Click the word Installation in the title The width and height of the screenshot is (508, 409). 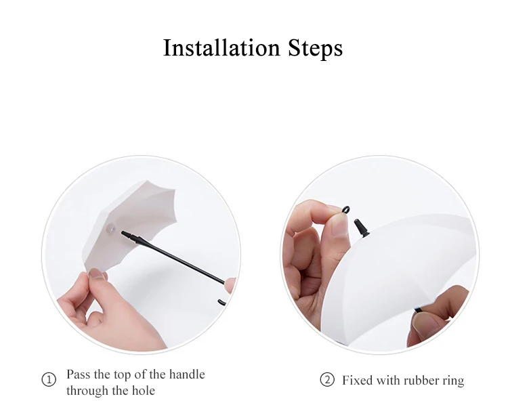tap(221, 48)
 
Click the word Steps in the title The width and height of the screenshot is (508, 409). tap(315, 49)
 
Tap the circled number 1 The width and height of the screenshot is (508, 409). tap(49, 379)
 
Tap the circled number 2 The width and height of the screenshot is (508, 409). tap(327, 379)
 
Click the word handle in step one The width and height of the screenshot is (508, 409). tap(187, 374)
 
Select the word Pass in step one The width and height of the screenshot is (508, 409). tap(79, 374)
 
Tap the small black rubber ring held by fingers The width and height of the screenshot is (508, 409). tap(346, 210)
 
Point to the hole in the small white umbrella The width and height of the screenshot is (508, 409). tap(111, 228)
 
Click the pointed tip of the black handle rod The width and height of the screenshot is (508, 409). tap(123, 232)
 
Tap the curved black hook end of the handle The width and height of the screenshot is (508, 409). tap(222, 303)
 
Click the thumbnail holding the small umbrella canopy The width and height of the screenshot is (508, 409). tap(97, 274)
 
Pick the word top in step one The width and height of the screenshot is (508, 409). tap(121, 375)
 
